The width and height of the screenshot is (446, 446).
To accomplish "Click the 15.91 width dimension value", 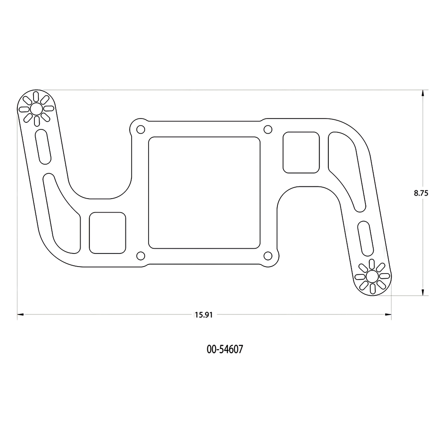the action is [x=204, y=315].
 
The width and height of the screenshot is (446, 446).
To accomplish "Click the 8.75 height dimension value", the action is [x=421, y=193].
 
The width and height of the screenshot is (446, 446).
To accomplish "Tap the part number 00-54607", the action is [x=225, y=349].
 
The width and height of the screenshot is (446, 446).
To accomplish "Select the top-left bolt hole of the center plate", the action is [x=141, y=130].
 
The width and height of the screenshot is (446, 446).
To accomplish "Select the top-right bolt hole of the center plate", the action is [x=268, y=130].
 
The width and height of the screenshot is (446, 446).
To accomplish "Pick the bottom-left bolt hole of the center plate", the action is [x=141, y=256].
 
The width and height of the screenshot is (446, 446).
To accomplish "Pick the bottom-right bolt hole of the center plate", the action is [x=268, y=256].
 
